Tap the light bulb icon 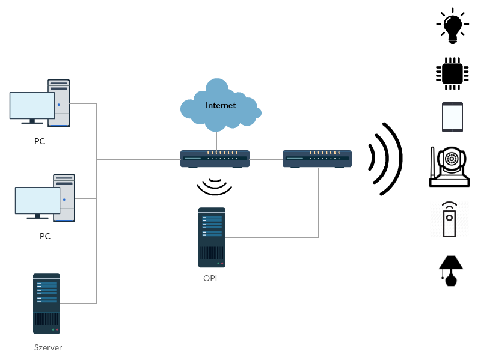point(452,25)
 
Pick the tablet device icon point(452,117)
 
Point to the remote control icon point(449,219)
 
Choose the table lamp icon point(450,270)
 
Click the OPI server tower point(212,237)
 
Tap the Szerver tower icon point(46,304)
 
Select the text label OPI point(210,279)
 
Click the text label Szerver point(48,347)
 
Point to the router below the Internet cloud point(215,159)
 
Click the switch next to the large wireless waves point(317,159)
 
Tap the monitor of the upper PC point(32,106)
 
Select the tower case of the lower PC point(64,198)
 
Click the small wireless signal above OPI point(215,186)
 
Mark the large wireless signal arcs point(385,159)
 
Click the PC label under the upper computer point(40,142)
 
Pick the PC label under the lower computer point(45,236)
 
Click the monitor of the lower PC point(37,201)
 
